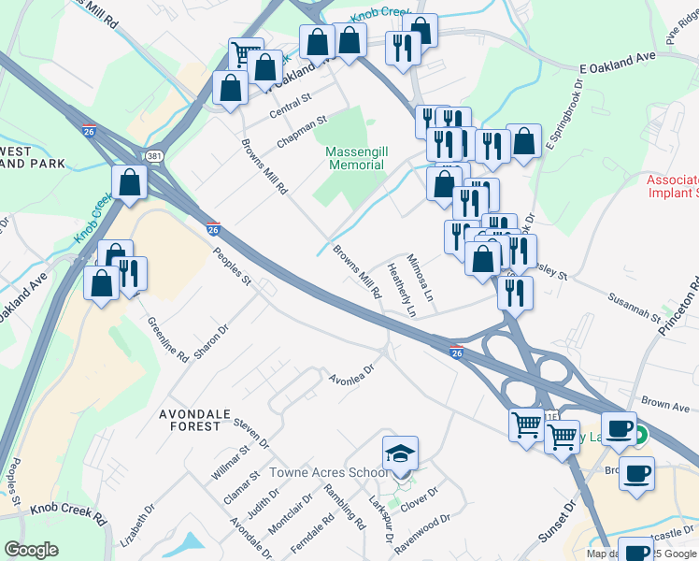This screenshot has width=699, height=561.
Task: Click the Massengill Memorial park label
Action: (355, 158)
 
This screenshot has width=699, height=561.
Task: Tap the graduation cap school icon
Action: (401, 453)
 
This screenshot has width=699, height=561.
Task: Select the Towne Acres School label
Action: (327, 473)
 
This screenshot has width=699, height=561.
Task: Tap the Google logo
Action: (31, 550)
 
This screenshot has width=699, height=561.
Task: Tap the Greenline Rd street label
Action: (168, 338)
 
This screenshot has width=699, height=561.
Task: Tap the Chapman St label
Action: (303, 133)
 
